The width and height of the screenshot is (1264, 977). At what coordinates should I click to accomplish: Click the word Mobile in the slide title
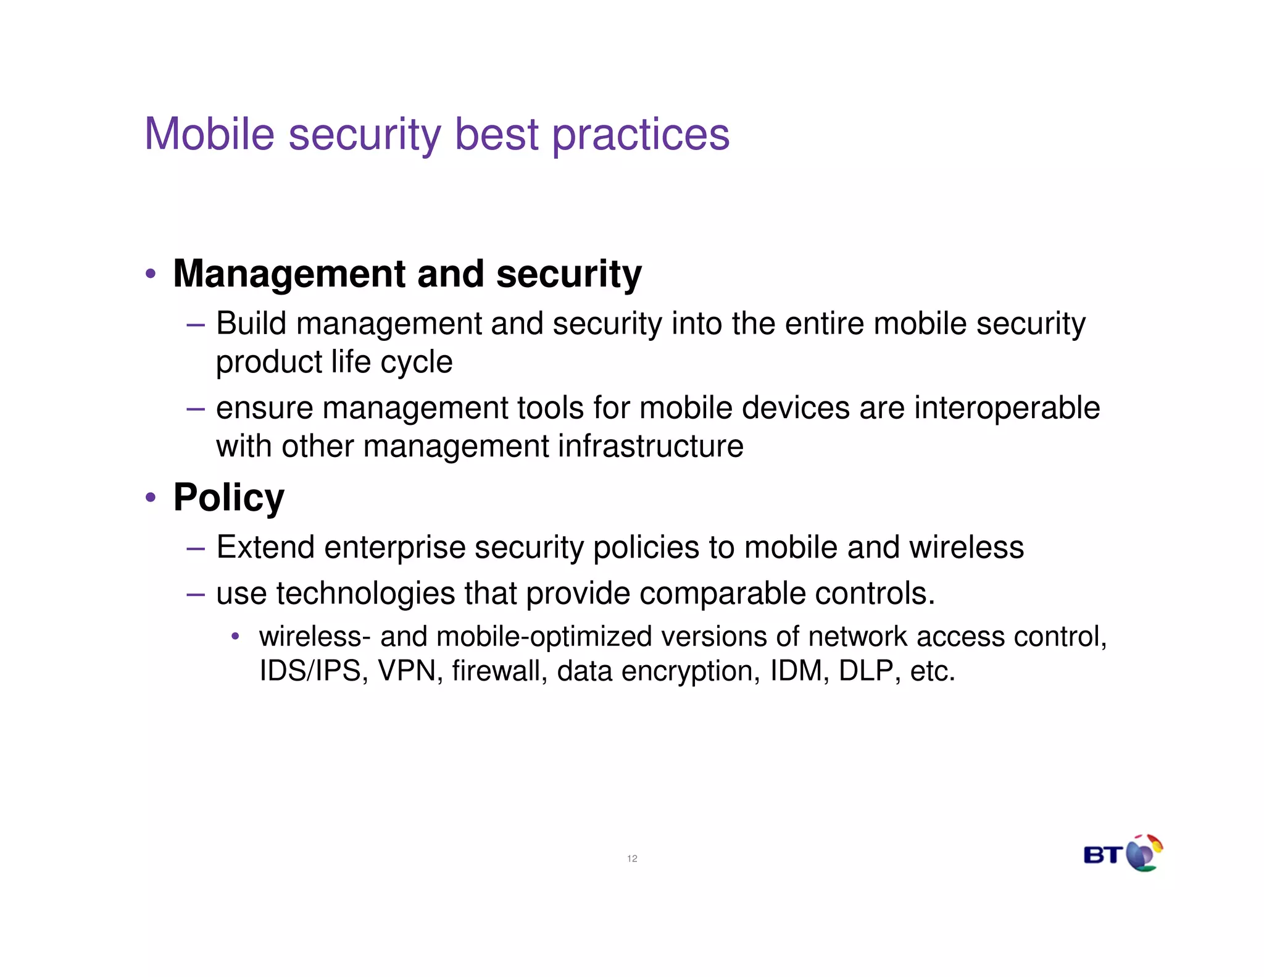209,134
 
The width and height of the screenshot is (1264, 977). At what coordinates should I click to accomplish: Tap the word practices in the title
641,135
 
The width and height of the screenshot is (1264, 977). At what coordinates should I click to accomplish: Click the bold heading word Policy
229,497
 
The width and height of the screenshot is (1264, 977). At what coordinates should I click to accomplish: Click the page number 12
632,858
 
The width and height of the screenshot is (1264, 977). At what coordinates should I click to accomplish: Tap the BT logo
1123,853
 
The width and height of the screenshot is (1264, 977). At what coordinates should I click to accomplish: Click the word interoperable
1007,408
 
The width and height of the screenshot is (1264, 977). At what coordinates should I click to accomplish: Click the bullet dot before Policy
151,497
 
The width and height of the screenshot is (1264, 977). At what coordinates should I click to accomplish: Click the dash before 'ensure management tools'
195,408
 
